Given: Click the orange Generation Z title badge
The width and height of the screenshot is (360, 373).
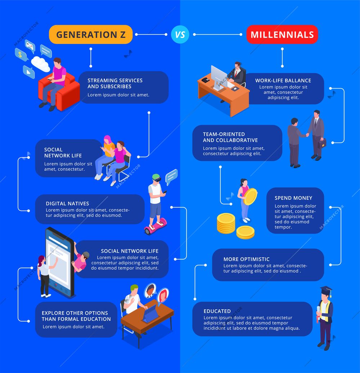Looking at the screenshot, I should pyautogui.click(x=91, y=35).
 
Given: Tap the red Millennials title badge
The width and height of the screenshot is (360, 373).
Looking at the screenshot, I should pyautogui.click(x=282, y=35).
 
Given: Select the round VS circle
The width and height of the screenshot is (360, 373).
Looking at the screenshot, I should pyautogui.click(x=180, y=35).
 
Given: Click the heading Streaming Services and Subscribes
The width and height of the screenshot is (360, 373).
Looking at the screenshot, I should pyautogui.click(x=115, y=84).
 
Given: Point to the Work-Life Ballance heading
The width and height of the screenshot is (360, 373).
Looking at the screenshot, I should pyautogui.click(x=283, y=81).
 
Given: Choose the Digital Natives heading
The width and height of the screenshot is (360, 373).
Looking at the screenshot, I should pyautogui.click(x=67, y=203).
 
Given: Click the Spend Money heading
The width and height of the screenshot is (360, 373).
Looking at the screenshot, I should pyautogui.click(x=293, y=198).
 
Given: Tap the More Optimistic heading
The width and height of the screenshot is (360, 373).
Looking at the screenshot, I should pyautogui.click(x=246, y=259).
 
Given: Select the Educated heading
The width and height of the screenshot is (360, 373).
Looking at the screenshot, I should pyautogui.click(x=217, y=311).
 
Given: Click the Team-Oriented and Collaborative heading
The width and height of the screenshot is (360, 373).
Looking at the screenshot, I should pyautogui.click(x=230, y=137).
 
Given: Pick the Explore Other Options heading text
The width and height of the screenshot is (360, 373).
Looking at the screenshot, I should pyautogui.click(x=76, y=316).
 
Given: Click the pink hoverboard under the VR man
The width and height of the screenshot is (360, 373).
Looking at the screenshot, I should pyautogui.click(x=155, y=226).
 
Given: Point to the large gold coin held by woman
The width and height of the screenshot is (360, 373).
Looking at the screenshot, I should pyautogui.click(x=250, y=197).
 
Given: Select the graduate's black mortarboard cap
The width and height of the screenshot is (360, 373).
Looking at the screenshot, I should pyautogui.click(x=326, y=290).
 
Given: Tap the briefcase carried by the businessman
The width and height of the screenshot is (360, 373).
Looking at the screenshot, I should pyautogui.click(x=322, y=143).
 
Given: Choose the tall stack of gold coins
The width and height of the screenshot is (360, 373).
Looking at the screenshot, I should pyautogui.click(x=226, y=223).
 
